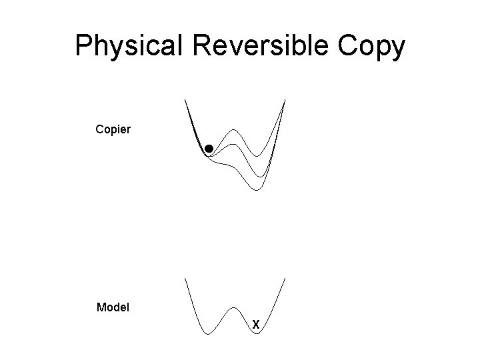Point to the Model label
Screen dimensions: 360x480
point(113,307)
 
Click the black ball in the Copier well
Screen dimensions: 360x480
point(209,149)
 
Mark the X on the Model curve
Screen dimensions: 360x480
point(255,325)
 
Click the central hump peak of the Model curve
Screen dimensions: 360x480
point(235,308)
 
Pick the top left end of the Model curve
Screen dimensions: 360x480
point(185,279)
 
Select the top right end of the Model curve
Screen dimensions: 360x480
point(285,279)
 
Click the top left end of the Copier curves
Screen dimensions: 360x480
point(185,100)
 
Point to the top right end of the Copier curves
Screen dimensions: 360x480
point(285,100)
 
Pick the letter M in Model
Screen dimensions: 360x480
point(101,307)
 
